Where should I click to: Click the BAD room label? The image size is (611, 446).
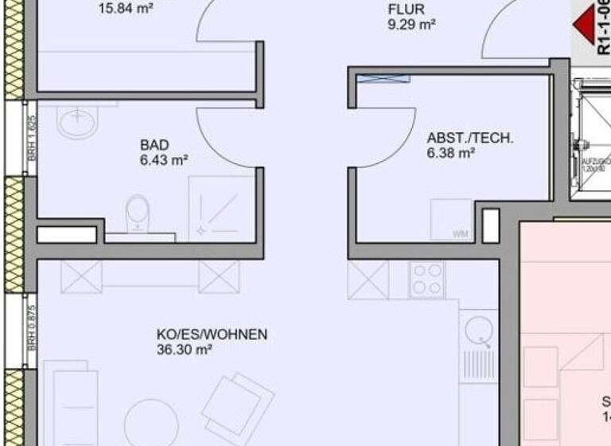pyautogui.click(x=154, y=145)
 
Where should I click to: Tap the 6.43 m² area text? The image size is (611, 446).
pyautogui.click(x=164, y=160)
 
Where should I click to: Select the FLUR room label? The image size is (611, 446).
pyautogui.click(x=406, y=10)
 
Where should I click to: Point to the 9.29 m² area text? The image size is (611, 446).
pyautogui.click(x=411, y=25)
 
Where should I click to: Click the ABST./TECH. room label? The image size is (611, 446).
pyautogui.click(x=470, y=138)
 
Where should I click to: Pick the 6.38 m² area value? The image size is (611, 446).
pyautogui.click(x=451, y=154)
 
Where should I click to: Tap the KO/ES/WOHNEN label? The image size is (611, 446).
pyautogui.click(x=212, y=334)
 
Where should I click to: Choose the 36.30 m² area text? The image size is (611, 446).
pyautogui.click(x=184, y=350)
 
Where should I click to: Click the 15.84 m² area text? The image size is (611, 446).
pyautogui.click(x=126, y=10)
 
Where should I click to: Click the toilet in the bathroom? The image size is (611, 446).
pyautogui.click(x=138, y=213)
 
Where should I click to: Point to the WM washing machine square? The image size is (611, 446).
pyautogui.click(x=451, y=219)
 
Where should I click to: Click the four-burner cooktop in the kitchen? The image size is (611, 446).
pyautogui.click(x=427, y=280)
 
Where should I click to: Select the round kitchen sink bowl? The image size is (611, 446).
pyautogui.click(x=480, y=328)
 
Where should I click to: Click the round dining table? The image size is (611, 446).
pyautogui.click(x=151, y=423)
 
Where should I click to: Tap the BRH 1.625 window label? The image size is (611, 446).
pyautogui.click(x=32, y=139)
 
